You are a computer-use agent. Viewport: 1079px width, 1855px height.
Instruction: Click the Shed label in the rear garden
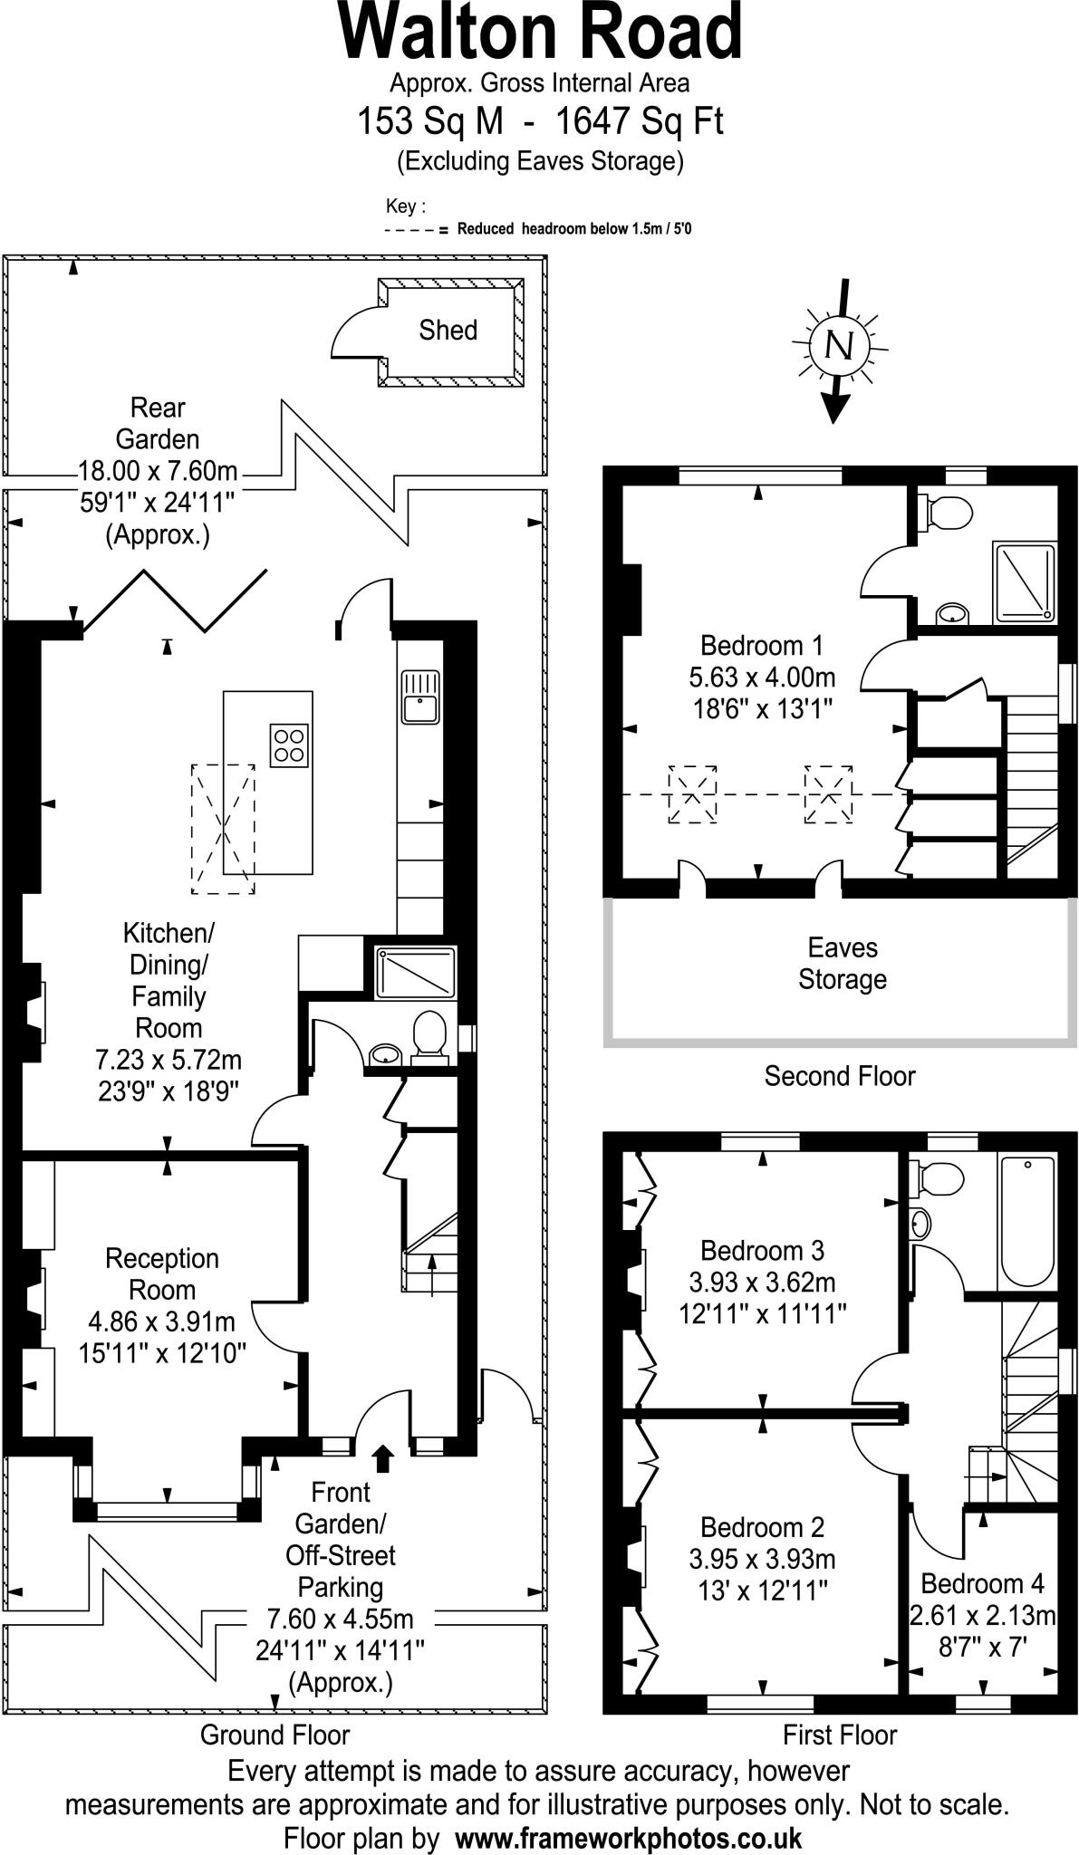click(448, 330)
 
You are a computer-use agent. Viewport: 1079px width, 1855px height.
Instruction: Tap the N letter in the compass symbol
click(840, 345)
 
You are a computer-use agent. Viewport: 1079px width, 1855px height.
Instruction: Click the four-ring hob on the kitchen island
click(289, 745)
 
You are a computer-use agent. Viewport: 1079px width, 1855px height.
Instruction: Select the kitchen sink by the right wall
click(419, 697)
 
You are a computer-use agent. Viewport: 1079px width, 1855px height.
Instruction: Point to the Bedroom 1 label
click(762, 646)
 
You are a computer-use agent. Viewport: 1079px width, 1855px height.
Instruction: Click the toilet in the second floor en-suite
click(948, 513)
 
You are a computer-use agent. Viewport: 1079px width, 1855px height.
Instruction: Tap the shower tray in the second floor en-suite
click(1025, 581)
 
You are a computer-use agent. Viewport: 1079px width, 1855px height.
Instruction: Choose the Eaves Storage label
click(842, 964)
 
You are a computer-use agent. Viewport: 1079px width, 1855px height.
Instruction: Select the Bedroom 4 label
click(982, 1583)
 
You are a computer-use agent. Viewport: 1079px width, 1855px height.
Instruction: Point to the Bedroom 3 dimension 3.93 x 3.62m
click(762, 1282)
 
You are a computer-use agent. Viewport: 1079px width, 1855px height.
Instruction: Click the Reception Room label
click(162, 1274)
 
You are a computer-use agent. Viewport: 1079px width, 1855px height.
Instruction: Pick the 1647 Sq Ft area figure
click(640, 120)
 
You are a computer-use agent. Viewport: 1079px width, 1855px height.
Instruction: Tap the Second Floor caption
click(840, 1076)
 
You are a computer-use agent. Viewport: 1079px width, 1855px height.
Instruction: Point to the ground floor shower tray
click(416, 972)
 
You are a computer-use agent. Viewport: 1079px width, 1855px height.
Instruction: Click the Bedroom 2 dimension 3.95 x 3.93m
click(762, 1559)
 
